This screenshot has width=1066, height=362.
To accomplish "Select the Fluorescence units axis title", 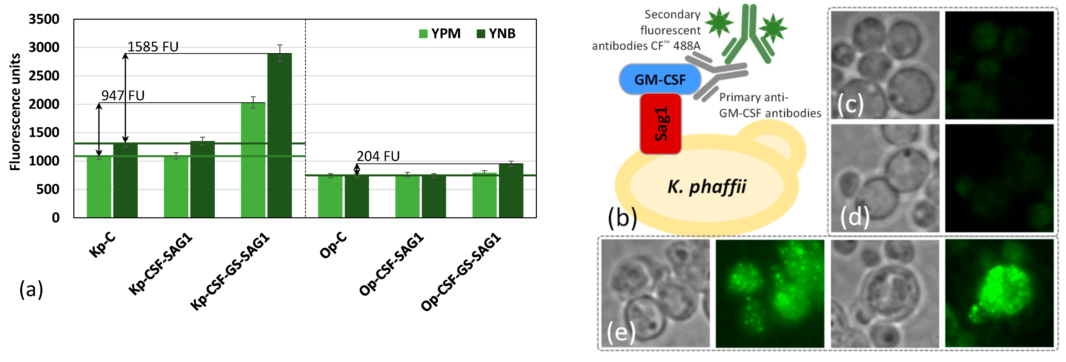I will coord(15,112).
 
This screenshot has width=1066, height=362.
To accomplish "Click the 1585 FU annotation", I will coord(153,47).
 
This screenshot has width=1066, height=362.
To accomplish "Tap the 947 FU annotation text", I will coord(123,96).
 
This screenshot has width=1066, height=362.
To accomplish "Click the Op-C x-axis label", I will coord(333,245).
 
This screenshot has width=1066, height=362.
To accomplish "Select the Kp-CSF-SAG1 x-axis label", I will coord(161,264).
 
